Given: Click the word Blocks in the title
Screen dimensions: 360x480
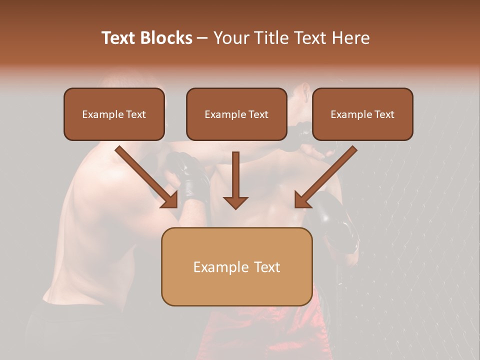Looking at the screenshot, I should pyautogui.click(x=166, y=38).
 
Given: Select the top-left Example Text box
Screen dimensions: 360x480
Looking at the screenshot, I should pyautogui.click(x=114, y=114).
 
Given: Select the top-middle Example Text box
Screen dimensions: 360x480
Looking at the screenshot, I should pyautogui.click(x=236, y=114).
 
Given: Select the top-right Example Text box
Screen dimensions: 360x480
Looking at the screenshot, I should pyautogui.click(x=362, y=114).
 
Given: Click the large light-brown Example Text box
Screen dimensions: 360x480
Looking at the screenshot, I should pyautogui.click(x=236, y=266).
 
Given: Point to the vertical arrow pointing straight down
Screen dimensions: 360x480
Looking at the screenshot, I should pyautogui.click(x=235, y=180).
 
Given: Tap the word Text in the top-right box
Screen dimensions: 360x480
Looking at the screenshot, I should pyautogui.click(x=384, y=114).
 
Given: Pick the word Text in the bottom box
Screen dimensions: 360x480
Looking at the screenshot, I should pyautogui.click(x=267, y=267).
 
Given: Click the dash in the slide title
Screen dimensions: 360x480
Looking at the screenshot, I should pyautogui.click(x=202, y=38).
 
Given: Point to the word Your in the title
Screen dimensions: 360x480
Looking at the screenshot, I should pyautogui.click(x=230, y=38).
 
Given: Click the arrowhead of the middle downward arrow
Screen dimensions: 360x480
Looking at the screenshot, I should pyautogui.click(x=235, y=202).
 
